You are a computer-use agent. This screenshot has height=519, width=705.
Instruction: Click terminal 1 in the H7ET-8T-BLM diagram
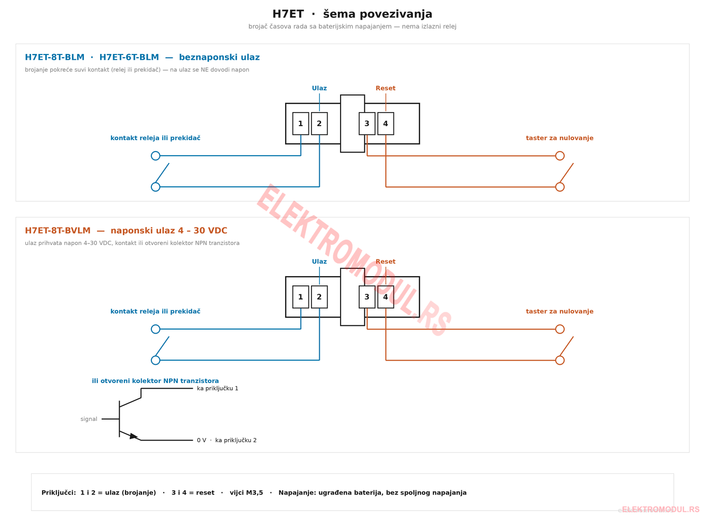coord(301,124)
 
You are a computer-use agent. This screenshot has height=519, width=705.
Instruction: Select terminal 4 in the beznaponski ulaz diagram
coord(386,124)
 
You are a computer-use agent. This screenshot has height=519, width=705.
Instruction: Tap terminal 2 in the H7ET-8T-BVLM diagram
coord(319,297)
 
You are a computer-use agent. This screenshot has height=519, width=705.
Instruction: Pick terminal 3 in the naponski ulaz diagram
coord(367,297)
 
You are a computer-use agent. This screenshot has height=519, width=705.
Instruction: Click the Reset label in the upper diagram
coord(386,88)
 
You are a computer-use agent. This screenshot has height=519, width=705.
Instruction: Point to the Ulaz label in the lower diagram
coord(319,262)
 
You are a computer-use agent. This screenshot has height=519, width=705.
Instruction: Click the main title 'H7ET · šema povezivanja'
coord(352,14)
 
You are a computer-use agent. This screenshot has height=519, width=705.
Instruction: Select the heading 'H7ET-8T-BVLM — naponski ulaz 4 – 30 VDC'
coord(126,230)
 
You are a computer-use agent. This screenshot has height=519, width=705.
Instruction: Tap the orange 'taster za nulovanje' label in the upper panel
coord(560,138)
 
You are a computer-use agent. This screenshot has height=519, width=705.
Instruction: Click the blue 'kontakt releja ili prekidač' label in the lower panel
coord(155,311)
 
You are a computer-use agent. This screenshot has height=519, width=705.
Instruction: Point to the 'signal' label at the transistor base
coord(89,419)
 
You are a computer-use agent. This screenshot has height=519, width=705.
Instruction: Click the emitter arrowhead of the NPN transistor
coord(134,436)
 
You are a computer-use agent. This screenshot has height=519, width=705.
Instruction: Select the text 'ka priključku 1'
coord(218,389)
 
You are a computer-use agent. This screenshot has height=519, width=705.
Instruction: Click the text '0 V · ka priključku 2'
coord(227,441)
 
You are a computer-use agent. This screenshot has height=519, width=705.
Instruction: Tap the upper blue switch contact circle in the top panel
coord(156,156)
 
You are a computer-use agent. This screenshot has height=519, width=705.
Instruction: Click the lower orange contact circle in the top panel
coord(560,187)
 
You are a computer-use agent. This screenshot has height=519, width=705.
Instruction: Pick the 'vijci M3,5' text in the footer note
coord(246,493)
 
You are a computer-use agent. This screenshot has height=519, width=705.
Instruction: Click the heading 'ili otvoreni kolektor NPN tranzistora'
coord(155,381)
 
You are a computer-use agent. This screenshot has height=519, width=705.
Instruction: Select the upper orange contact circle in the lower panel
coord(560,329)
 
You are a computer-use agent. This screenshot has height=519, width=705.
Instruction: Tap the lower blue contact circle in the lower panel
coord(156,360)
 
